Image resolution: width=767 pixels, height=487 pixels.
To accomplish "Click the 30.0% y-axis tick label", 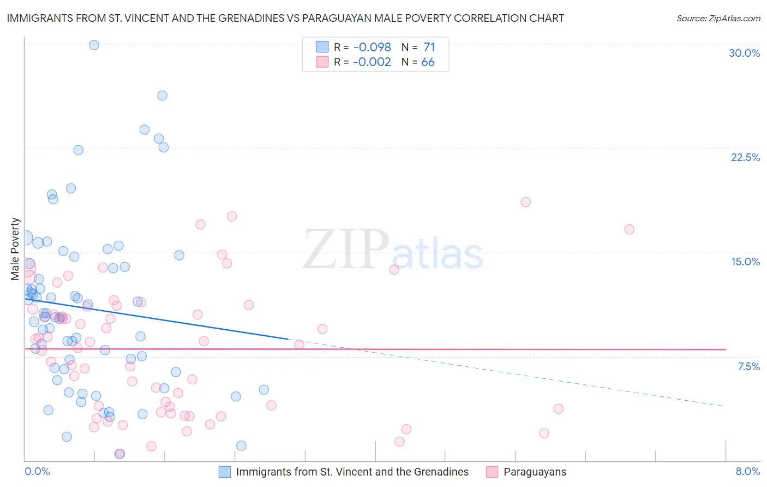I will [x=744, y=53].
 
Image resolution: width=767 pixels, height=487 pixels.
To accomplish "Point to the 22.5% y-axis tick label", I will [x=745, y=157].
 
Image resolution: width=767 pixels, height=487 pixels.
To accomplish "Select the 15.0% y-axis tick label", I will [x=745, y=262].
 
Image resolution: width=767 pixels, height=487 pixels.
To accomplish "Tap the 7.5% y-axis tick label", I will [x=748, y=366].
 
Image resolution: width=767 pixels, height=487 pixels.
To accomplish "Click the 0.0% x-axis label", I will [x=37, y=471].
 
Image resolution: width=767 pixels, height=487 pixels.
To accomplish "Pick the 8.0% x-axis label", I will [x=747, y=471].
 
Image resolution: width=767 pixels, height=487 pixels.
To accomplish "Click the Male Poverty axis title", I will [x=15, y=249].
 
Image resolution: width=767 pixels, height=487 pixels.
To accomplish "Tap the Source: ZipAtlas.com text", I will [x=718, y=18].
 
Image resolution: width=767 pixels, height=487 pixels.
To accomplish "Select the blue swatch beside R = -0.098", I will [x=322, y=47].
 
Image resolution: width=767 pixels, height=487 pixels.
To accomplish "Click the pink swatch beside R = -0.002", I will [x=322, y=62].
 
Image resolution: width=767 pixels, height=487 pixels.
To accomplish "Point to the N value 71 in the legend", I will [x=429, y=47].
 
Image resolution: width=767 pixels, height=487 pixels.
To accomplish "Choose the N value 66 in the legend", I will [x=428, y=62].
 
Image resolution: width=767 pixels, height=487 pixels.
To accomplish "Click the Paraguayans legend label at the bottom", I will [x=535, y=472].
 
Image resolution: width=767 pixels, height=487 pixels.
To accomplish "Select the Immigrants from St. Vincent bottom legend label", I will [x=352, y=472].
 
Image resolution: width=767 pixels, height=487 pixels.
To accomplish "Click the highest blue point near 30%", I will [x=94, y=45].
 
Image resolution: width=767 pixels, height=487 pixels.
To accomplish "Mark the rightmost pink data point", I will [x=629, y=229].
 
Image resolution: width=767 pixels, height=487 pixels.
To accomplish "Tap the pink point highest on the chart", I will [x=525, y=202].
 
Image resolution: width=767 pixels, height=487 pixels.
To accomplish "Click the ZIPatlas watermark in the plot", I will [x=393, y=251].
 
